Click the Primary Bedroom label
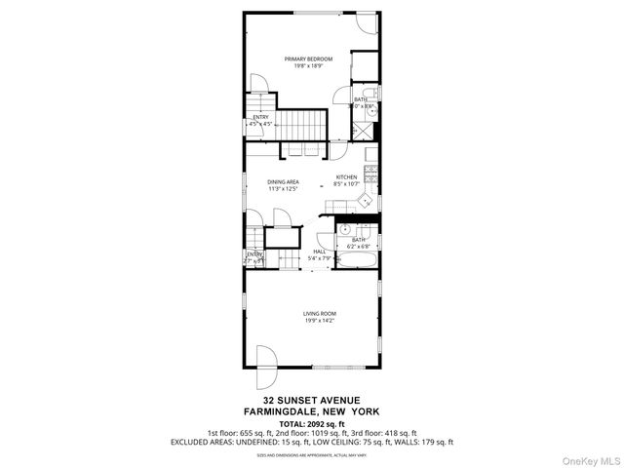pyautogui.click(x=308, y=59)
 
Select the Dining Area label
pyautogui.click(x=284, y=181)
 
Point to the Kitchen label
pyautogui.click(x=347, y=176)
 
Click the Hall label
pyautogui.click(x=319, y=252)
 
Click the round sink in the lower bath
pyautogui.click(x=345, y=228)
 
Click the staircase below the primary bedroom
pyautogui.click(x=301, y=124)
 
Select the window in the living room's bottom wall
pyautogui.click(x=328, y=367)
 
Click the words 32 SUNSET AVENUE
pyautogui.click(x=312, y=399)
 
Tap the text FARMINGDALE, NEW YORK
pyautogui.click(x=312, y=410)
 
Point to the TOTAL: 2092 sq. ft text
pyautogui.click(x=312, y=424)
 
